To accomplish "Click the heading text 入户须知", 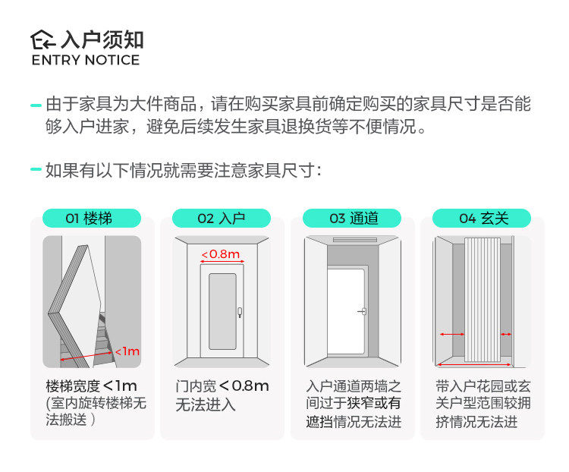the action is tap(102, 39).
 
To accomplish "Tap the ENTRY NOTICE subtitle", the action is tap(85, 61).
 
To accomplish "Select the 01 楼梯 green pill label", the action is tap(89, 219).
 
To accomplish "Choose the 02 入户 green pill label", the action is tap(221, 219).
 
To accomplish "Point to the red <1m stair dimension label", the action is tap(127, 351).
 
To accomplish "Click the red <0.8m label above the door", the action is tap(221, 253).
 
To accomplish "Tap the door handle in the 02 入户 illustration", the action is tap(239, 311).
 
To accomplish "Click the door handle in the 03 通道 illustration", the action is tap(363, 311).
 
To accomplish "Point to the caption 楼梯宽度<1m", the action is tap(91, 385).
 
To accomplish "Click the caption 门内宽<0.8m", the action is tap(222, 385).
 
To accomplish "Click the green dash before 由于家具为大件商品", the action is tap(36, 105).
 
